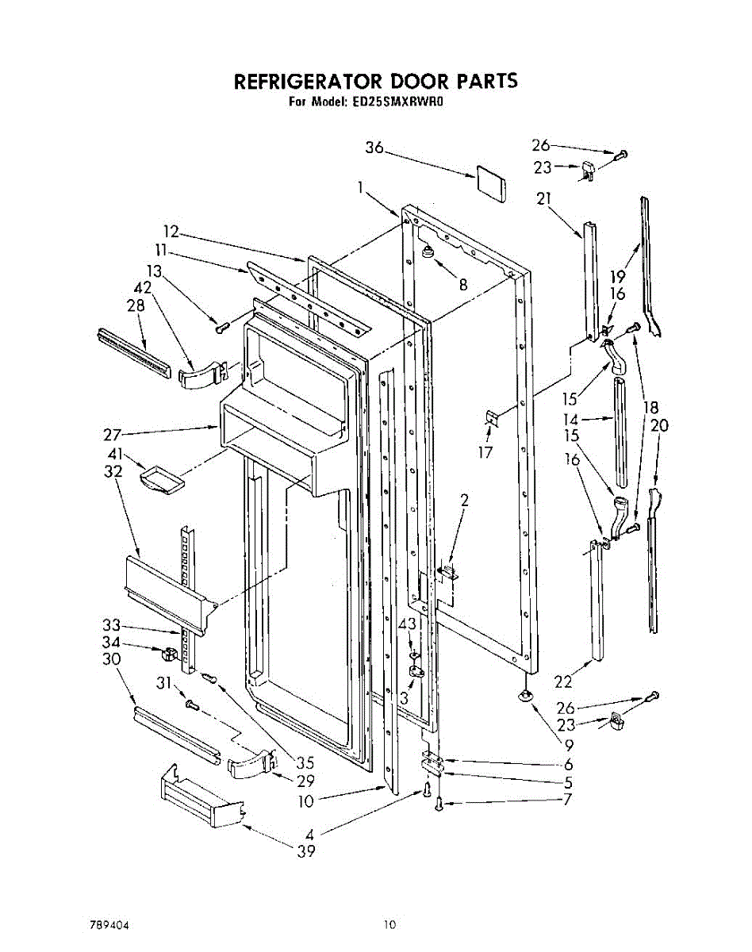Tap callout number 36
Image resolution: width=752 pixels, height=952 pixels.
coord(374,148)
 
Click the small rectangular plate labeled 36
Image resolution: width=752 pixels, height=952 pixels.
coord(493,181)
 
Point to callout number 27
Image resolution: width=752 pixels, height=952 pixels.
coord(113,435)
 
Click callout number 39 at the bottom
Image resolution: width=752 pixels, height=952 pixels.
coord(305,852)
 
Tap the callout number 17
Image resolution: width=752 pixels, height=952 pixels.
coord(485,452)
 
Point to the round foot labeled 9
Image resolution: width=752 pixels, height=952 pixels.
coord(524,697)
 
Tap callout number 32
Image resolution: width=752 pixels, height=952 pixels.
coord(113,471)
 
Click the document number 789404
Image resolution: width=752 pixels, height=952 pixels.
coord(109,924)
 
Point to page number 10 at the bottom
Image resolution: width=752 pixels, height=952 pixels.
coord(389,924)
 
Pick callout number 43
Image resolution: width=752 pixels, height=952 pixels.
coord(407,625)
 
